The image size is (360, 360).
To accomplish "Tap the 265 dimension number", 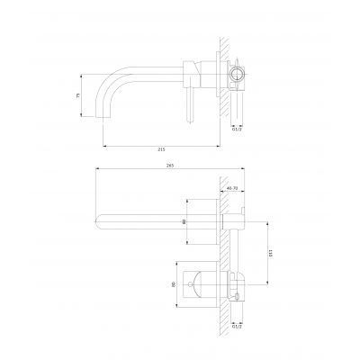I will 157,165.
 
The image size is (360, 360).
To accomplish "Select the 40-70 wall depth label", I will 230,188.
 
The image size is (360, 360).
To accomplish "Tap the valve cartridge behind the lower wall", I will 236,284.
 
